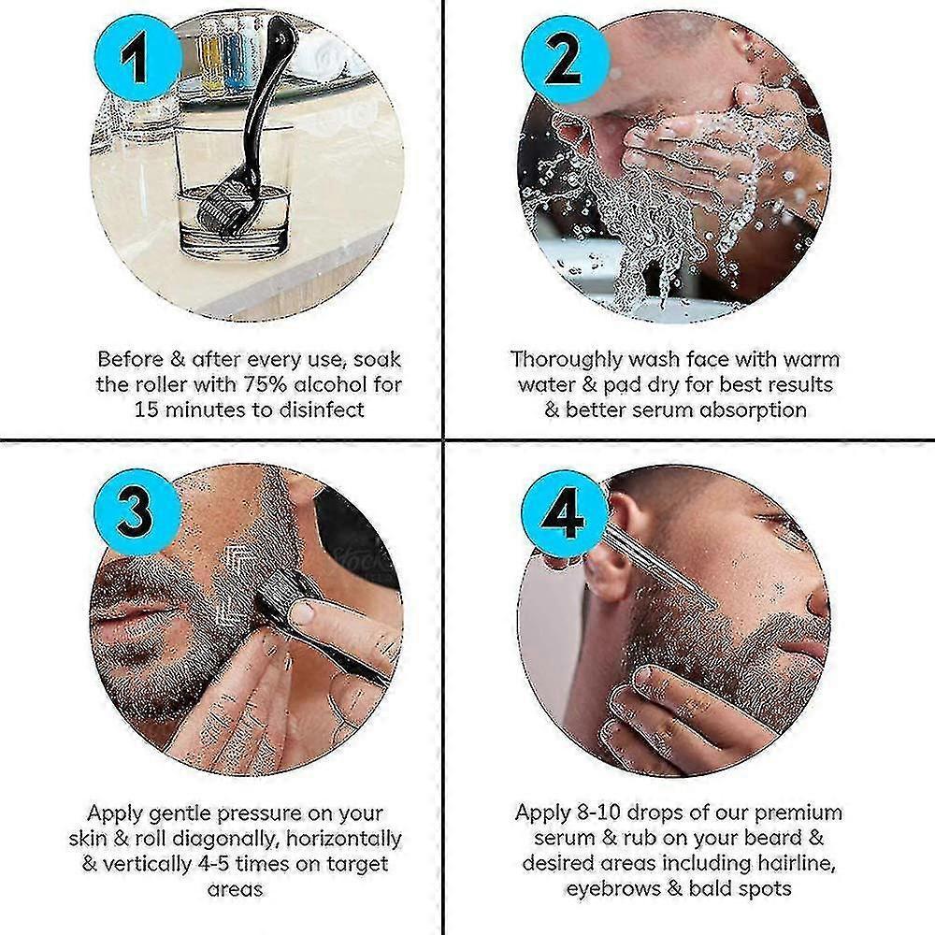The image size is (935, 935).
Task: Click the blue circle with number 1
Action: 138,58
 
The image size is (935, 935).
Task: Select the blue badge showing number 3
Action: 137,511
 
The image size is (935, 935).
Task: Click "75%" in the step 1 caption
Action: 266,384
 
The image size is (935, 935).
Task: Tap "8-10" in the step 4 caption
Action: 598,813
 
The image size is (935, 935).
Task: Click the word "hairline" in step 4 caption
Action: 794,863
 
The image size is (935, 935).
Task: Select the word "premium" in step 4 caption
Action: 798,813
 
